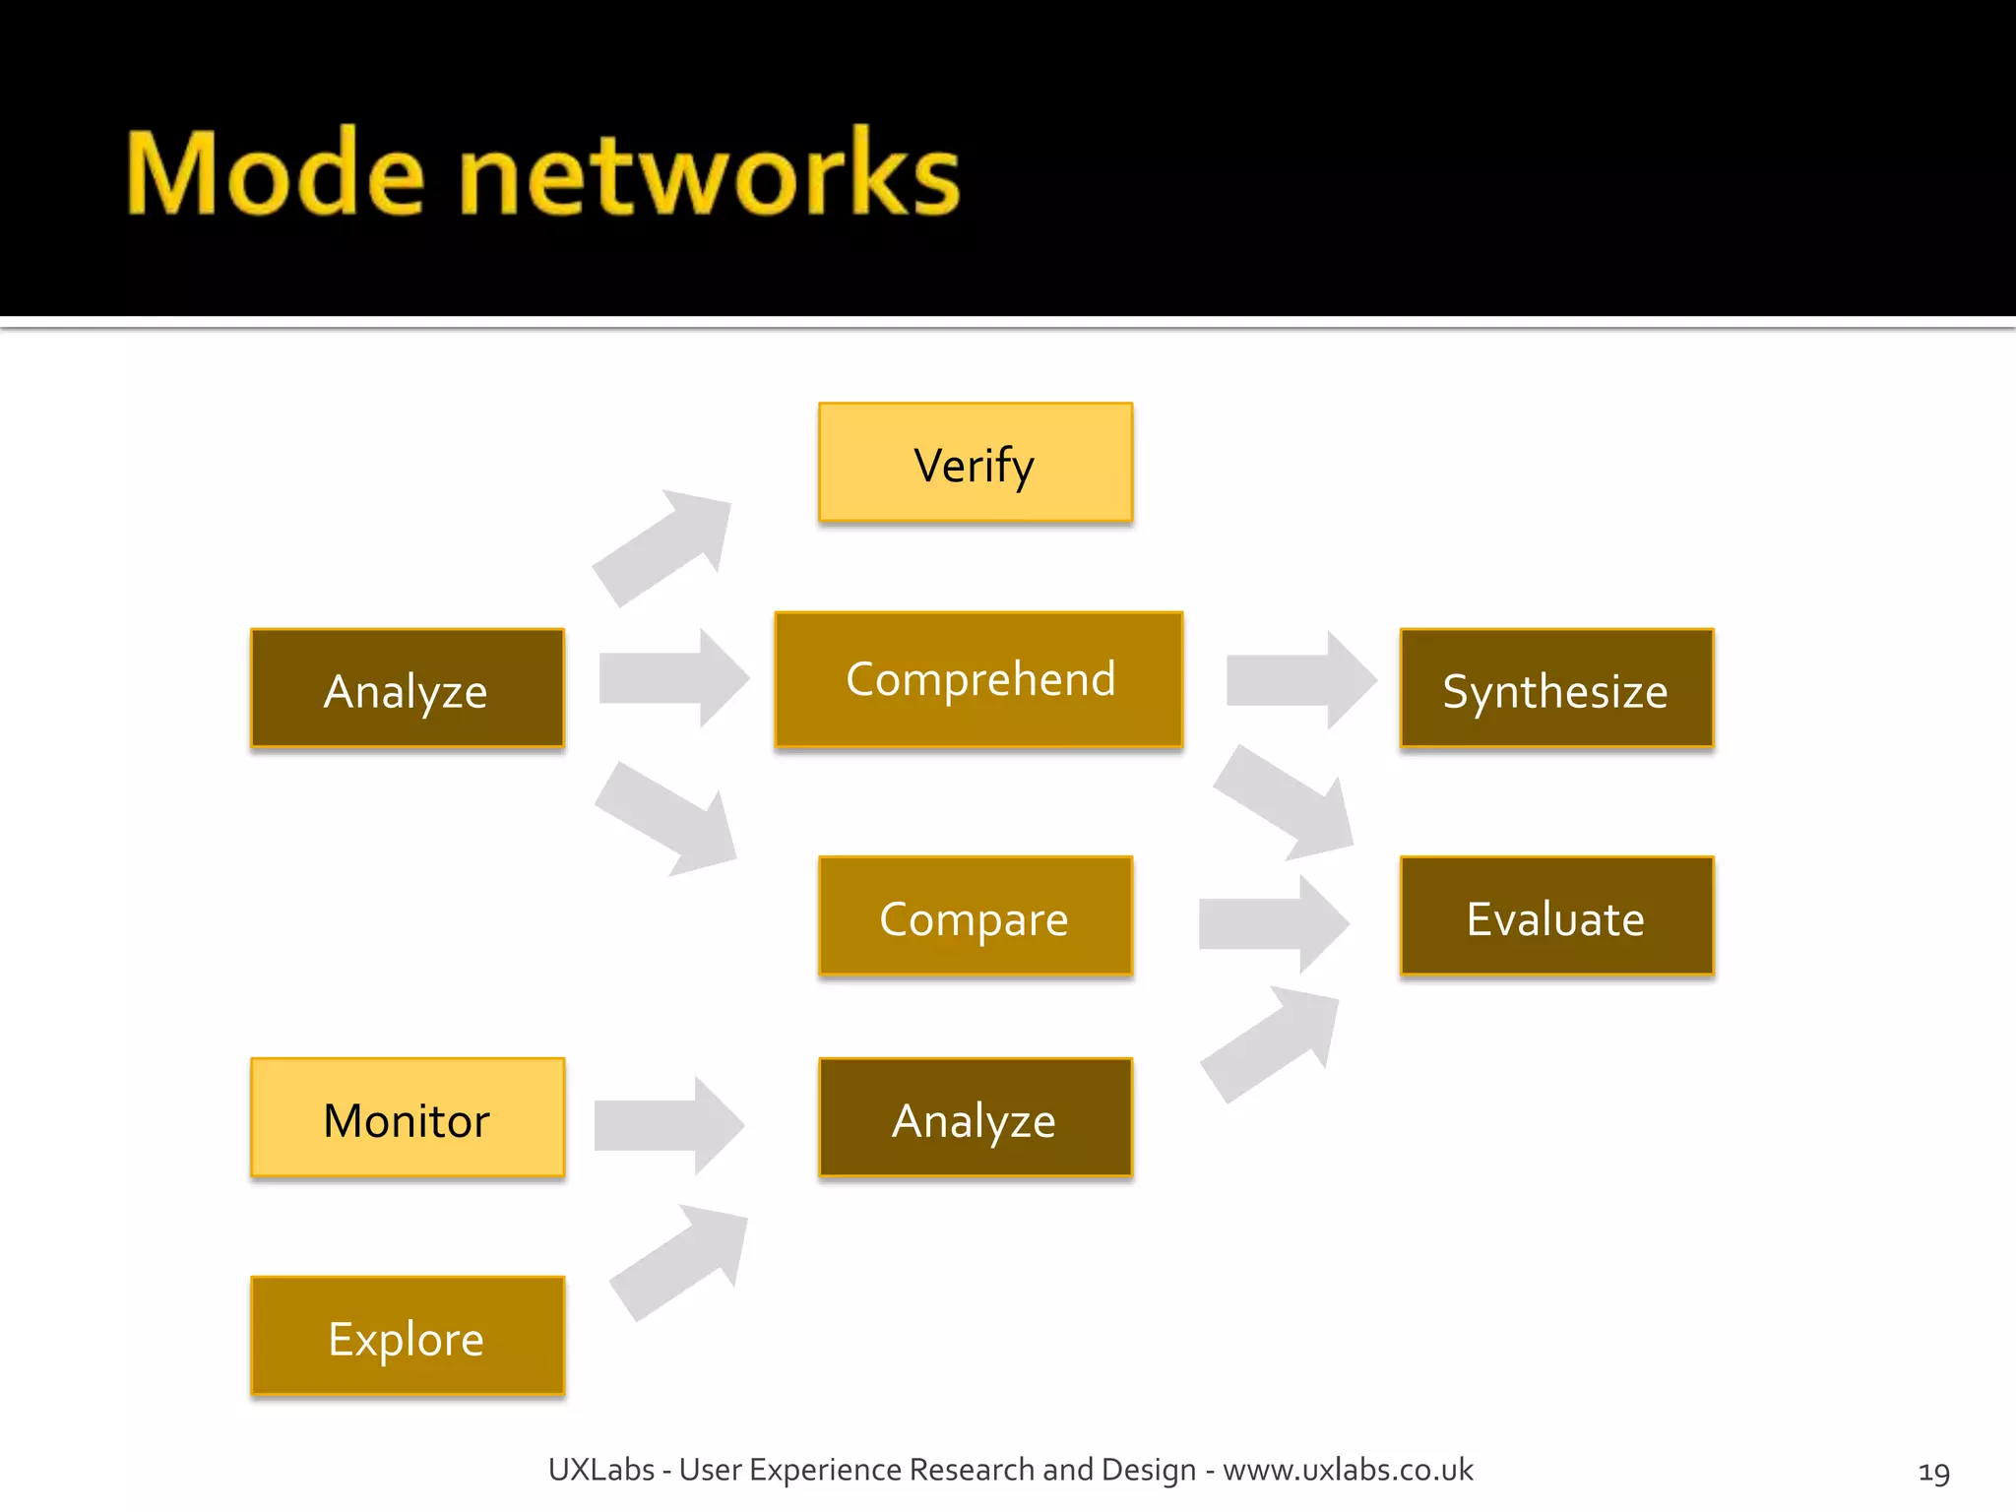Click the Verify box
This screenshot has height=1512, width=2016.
click(x=975, y=463)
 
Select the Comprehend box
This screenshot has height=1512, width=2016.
click(x=978, y=679)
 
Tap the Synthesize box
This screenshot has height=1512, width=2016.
click(x=1556, y=689)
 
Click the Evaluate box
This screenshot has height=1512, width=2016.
click(x=1556, y=916)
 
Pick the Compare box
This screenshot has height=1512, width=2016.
click(x=975, y=916)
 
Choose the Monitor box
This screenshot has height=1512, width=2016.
click(x=408, y=1118)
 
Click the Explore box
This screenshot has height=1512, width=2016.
click(x=408, y=1337)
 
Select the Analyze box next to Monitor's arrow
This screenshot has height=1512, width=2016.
click(x=975, y=1118)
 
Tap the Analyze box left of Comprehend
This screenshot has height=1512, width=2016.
click(x=408, y=689)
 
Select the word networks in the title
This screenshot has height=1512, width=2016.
click(x=709, y=175)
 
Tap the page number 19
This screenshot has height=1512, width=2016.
click(x=1933, y=1473)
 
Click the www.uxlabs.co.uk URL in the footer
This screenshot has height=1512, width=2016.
click(x=1348, y=1470)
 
